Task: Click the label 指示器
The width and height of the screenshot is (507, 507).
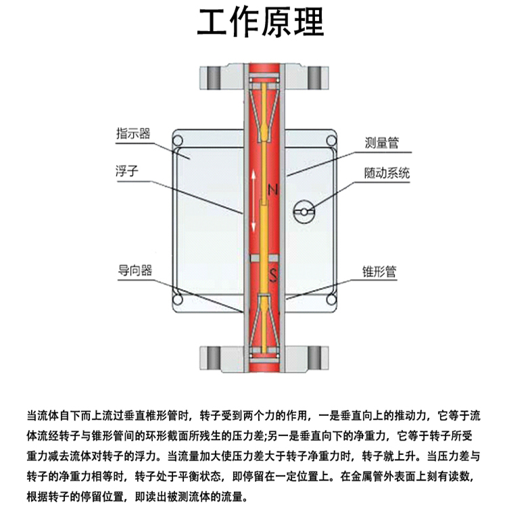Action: pyautogui.click(x=132, y=132)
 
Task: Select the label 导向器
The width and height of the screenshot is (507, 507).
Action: pyautogui.click(x=132, y=270)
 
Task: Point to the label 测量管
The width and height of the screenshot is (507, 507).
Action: pyautogui.click(x=382, y=143)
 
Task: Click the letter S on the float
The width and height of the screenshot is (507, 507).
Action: pyautogui.click(x=272, y=274)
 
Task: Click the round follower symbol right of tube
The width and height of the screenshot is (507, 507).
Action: pyautogui.click(x=304, y=212)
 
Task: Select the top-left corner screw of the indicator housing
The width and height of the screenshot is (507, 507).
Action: pyautogui.click(x=177, y=141)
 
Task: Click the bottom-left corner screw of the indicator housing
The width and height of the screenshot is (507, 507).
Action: pyautogui.click(x=177, y=296)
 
